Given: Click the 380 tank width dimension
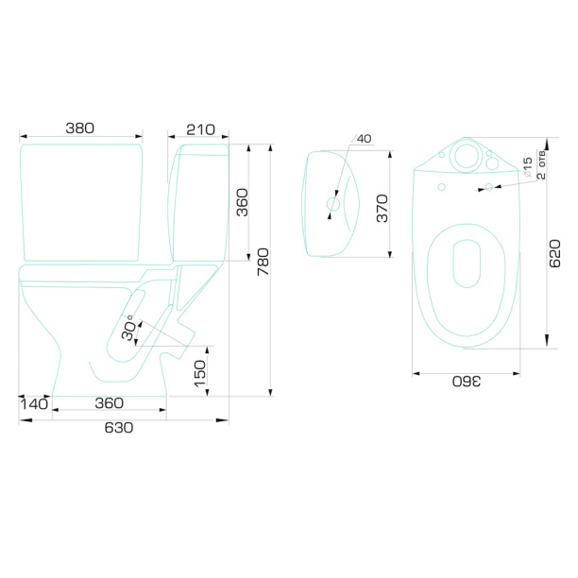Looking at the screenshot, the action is (80, 128).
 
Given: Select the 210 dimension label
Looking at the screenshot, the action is (200, 129).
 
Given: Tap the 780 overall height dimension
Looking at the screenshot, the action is (263, 262).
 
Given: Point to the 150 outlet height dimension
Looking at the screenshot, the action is (200, 373).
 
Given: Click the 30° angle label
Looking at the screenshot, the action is (128, 328).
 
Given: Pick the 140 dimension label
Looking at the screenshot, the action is (34, 404).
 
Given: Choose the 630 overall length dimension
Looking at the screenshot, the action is (119, 428).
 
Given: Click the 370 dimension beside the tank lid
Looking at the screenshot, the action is (382, 209).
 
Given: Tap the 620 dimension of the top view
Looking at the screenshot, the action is (554, 253).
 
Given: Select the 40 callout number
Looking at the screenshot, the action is (365, 139).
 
